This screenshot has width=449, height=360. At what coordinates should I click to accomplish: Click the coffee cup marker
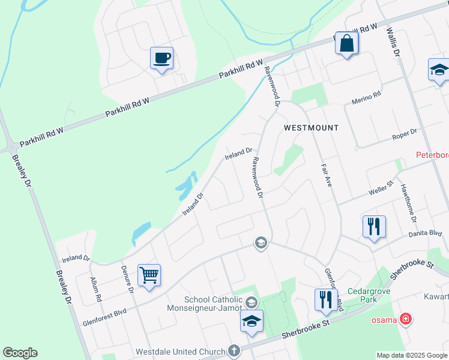click(x=161, y=58)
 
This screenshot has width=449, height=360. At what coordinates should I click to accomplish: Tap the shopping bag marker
click(x=347, y=43)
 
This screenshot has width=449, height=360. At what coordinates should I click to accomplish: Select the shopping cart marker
click(x=149, y=275)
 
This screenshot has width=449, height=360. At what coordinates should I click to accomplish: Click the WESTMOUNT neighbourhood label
click(x=311, y=128)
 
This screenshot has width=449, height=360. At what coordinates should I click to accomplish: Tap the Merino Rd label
click(x=367, y=96)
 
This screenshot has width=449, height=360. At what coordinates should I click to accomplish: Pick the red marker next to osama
click(x=406, y=319)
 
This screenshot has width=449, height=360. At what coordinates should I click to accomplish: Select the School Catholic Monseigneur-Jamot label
click(x=213, y=304)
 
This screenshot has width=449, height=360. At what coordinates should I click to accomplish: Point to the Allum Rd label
click(x=97, y=289)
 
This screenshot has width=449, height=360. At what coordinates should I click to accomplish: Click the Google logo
click(x=20, y=353)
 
